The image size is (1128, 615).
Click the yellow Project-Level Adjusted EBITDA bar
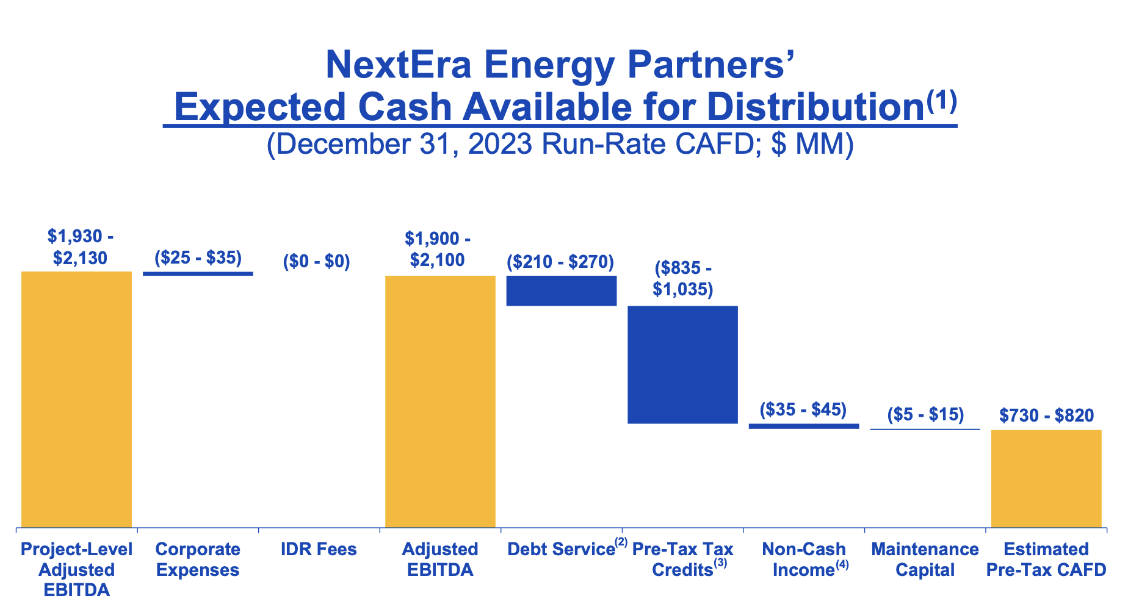[76, 399]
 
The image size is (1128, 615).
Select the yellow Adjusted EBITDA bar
[440, 401]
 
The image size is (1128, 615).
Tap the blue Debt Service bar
[562, 290]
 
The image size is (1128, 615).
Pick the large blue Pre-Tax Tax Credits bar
[682, 364]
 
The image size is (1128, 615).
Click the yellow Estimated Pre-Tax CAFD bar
[1046, 478]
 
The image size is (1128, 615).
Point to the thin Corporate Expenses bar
[198, 273]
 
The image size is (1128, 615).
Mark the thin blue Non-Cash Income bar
[803, 426]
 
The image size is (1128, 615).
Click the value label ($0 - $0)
[316, 261]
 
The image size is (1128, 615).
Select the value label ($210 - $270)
[560, 262]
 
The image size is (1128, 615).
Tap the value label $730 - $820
[1046, 415]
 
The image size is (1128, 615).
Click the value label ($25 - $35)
[198, 257]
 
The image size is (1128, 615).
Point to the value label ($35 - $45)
[803, 409]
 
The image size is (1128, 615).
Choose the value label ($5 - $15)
[925, 414]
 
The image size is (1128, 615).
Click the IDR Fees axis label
[319, 549]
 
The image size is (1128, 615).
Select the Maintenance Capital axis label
[925, 559]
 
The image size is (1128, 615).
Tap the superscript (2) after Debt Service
[621, 542]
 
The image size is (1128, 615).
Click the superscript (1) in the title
[941, 99]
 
